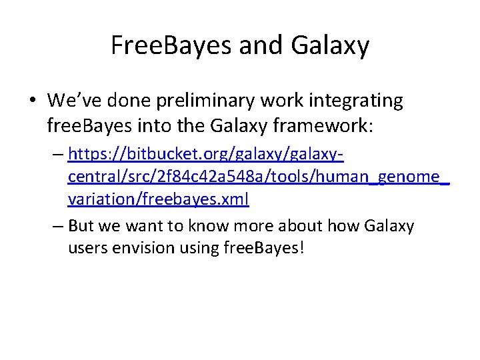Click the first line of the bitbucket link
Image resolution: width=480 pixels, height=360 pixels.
206,156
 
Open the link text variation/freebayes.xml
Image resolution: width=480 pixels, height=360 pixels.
159,199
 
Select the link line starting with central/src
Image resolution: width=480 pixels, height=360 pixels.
259,178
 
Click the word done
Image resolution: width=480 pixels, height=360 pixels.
133,101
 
